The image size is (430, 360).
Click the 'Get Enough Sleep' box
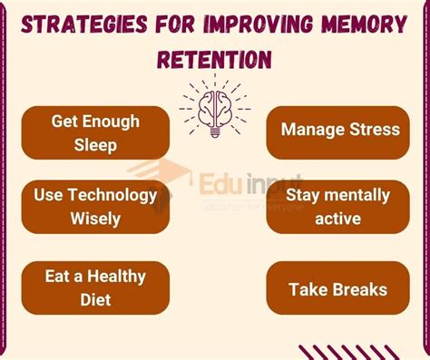(x=95, y=132)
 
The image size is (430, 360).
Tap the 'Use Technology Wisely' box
(x=95, y=207)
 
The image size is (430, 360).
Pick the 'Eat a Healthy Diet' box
(x=95, y=288)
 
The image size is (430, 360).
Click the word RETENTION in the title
(x=214, y=59)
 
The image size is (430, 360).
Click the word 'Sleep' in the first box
(x=95, y=145)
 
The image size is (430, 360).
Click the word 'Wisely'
(x=95, y=219)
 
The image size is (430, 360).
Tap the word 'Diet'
(x=95, y=300)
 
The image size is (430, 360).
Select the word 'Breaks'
(x=357, y=290)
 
